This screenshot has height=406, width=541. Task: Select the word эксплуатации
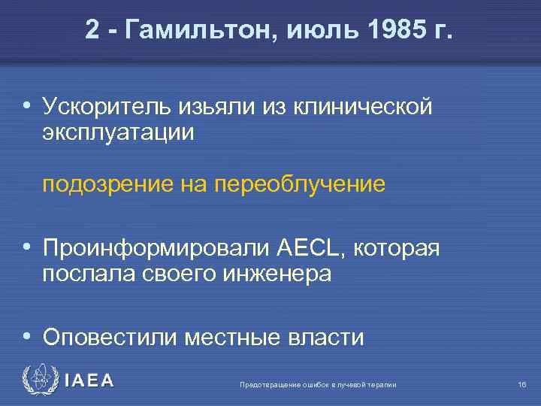click(x=118, y=132)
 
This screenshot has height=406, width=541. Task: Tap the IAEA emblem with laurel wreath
click(x=38, y=380)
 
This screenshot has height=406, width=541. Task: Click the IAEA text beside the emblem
click(x=89, y=381)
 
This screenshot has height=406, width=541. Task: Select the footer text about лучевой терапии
click(x=317, y=385)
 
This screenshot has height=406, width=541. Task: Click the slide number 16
click(x=521, y=385)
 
